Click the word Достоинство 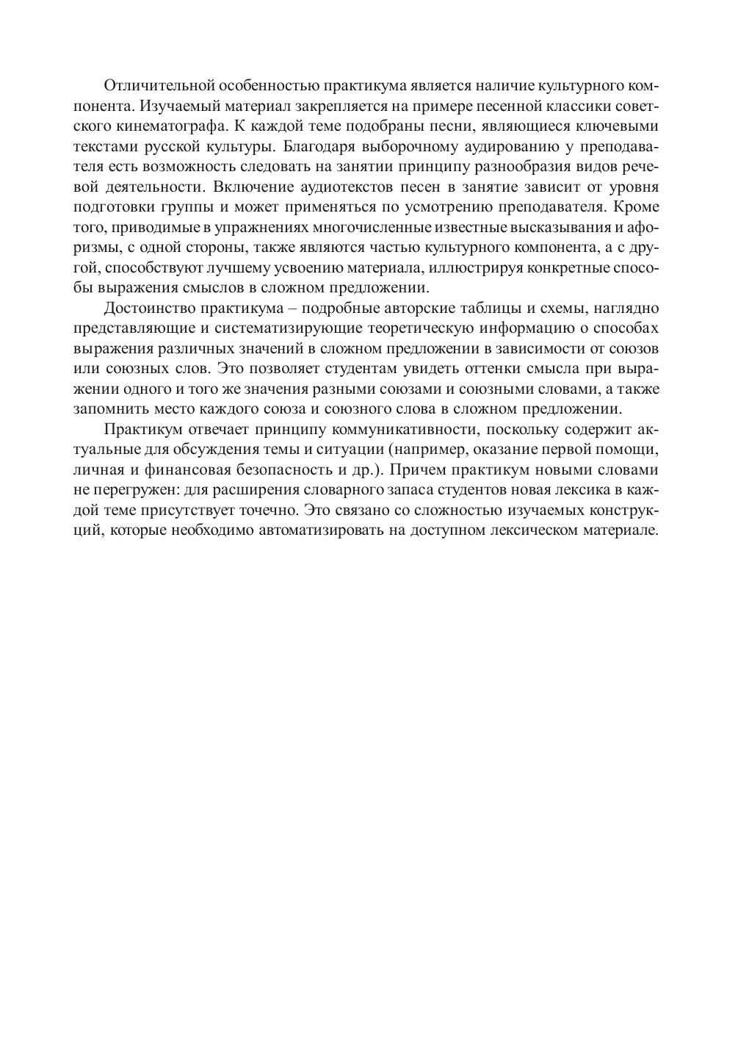[146, 307]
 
